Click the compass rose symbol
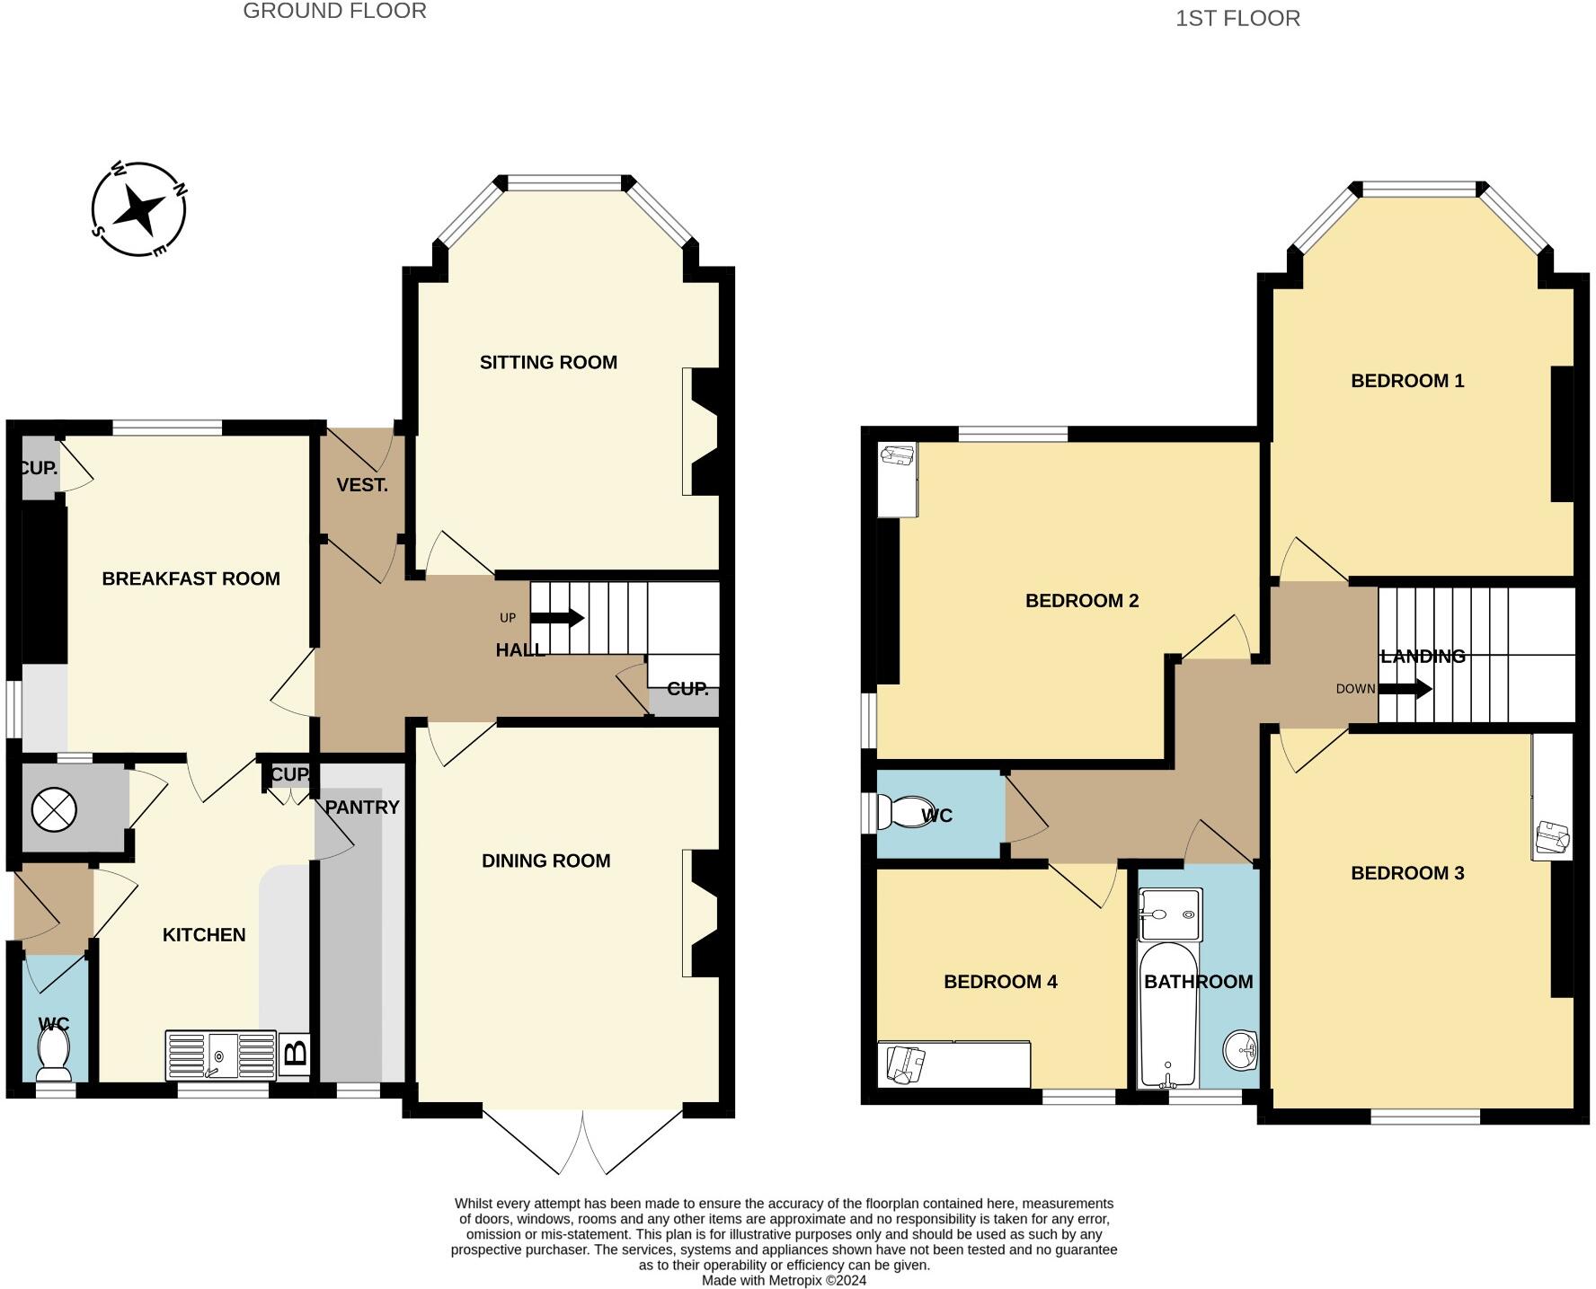pos(139,210)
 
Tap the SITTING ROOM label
pos(548,363)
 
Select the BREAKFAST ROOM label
pos(191,579)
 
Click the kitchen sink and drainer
pos(221,1055)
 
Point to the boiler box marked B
pos(296,1052)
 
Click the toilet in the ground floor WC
pos(54,1055)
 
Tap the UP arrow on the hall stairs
pos(557,618)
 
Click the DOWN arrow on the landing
pos(1405,690)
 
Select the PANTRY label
pos(362,808)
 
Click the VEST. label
pos(362,486)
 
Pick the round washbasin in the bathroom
pos(1241,1049)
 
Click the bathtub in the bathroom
pos(1168,1014)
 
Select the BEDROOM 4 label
pos(1000,982)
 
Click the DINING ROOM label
pos(546,861)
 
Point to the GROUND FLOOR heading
pos(335,12)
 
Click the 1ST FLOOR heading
pos(1237,19)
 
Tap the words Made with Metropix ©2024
pos(785,1281)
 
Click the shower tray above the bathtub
pos(1169,914)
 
